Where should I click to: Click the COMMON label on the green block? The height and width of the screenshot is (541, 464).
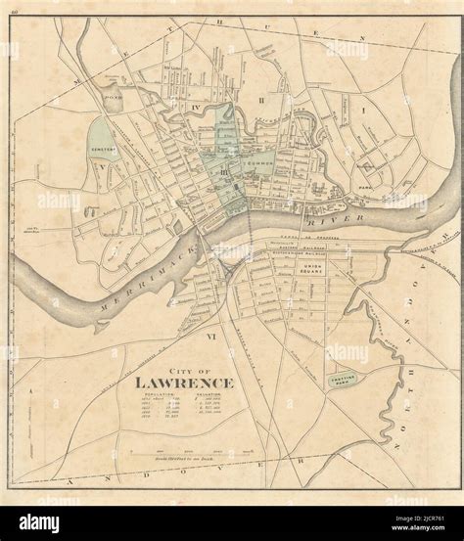pos(261,160)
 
